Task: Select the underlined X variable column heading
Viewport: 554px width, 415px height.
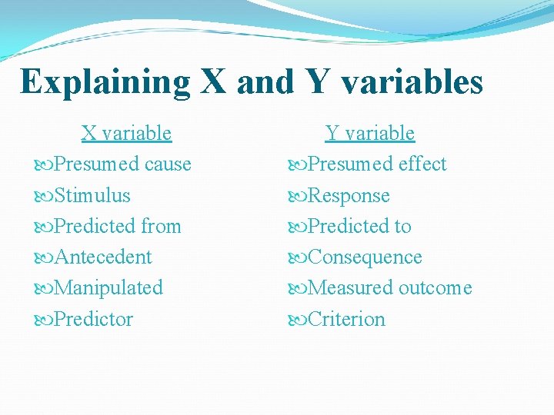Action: tap(126, 133)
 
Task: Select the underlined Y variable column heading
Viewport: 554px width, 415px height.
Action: tap(370, 133)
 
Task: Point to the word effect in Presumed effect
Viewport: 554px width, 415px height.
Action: tap(422, 164)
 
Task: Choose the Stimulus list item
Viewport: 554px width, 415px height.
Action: tap(92, 195)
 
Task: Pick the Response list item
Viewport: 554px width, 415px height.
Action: tap(349, 195)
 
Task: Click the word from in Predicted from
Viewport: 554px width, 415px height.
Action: tap(161, 226)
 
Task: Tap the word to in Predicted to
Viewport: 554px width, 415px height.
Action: tap(402, 226)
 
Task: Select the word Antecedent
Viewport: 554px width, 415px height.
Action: tap(103, 257)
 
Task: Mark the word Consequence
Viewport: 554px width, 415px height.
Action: tap(365, 257)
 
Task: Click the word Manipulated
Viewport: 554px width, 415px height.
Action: tap(108, 287)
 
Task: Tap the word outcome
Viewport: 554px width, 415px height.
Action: tap(436, 287)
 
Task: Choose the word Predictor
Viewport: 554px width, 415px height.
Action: tap(94, 319)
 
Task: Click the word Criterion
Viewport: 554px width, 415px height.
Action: tap(346, 319)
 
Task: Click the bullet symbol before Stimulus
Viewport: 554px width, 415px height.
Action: tap(44, 196)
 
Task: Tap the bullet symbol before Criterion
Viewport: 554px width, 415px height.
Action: tap(296, 320)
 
